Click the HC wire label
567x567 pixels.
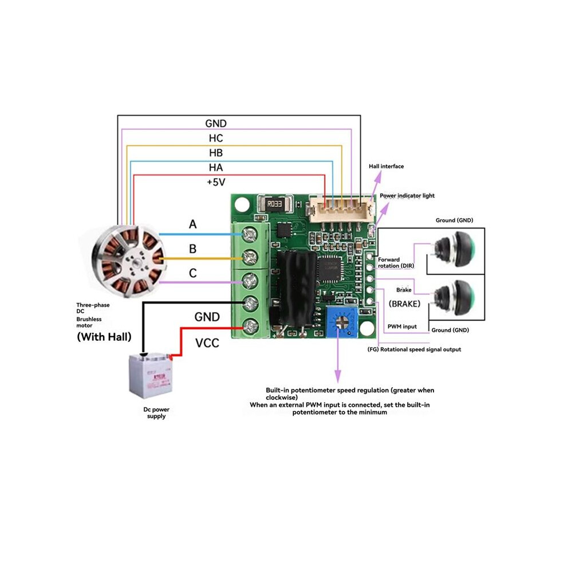pos(216,138)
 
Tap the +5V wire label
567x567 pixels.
pos(216,182)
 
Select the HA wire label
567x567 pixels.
pos(216,167)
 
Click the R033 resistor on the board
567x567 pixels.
pos(275,204)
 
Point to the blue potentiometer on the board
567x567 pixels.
pos(342,322)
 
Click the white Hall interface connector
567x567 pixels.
pos(341,208)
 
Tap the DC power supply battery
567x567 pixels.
pos(151,375)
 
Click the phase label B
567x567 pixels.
pos(193,249)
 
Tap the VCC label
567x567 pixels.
pos(207,343)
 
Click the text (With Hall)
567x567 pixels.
pos(104,337)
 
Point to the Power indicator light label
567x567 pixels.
pos(407,196)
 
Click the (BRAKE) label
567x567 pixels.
pos(405,304)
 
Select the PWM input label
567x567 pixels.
pos(402,326)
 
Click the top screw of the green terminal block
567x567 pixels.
pos(249,235)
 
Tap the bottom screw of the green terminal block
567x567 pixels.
pos(250,328)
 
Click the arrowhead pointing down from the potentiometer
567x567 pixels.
pos(338,376)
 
